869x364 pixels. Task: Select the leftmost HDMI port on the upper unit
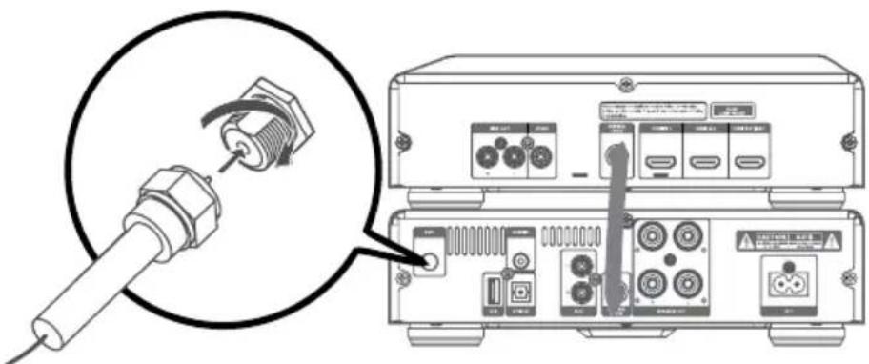tap(657, 166)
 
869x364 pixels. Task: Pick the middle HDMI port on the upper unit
tap(705, 166)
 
